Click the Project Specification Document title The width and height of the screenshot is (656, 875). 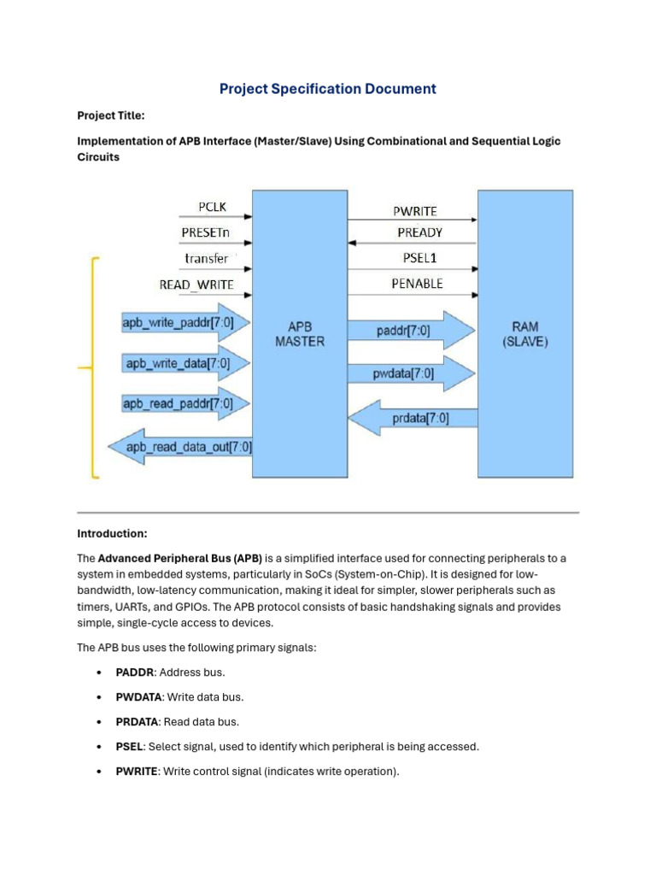pyautogui.click(x=328, y=89)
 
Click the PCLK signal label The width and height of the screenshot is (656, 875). pyautogui.click(x=212, y=207)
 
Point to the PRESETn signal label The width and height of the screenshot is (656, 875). pyautogui.click(x=206, y=232)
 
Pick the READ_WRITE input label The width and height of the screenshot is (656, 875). pyautogui.click(x=196, y=284)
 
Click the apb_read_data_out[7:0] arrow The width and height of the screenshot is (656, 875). pyautogui.click(x=179, y=446)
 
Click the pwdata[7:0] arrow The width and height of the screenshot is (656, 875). pyautogui.click(x=410, y=373)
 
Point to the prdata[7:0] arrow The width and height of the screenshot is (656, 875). pyautogui.click(x=413, y=418)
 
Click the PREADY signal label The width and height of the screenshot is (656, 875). pyautogui.click(x=419, y=232)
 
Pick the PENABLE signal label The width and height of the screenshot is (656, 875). pyautogui.click(x=417, y=283)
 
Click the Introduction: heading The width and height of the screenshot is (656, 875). pyautogui.click(x=112, y=533)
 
